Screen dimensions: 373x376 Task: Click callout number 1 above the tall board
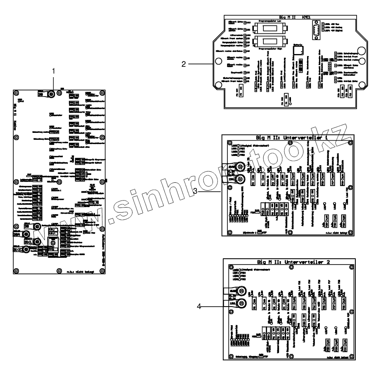(53, 71)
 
